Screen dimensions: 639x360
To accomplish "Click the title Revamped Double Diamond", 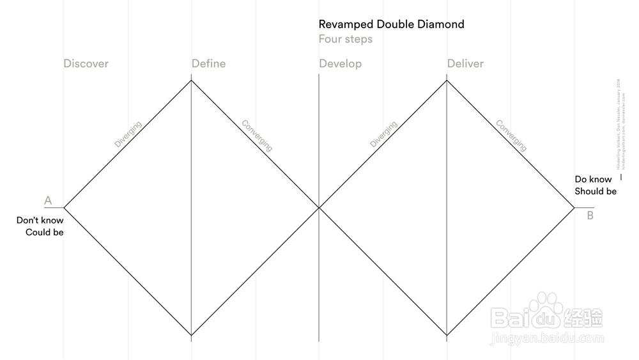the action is (x=391, y=24).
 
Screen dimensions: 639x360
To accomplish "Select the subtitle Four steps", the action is (x=345, y=39).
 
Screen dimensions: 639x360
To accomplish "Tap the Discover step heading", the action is (x=86, y=63).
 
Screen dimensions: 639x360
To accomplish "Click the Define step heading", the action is (x=208, y=63).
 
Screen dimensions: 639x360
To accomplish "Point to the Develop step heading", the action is (x=340, y=63).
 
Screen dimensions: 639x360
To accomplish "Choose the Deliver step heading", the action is (x=465, y=63).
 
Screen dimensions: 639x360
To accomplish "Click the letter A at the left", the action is (x=48, y=201).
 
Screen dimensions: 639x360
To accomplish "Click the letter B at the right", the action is (x=590, y=215).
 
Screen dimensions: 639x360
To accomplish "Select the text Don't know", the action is (x=40, y=221).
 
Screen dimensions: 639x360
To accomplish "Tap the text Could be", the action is (x=45, y=232).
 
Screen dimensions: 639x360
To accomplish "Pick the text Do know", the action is (x=593, y=180).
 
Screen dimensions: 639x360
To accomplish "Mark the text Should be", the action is (x=596, y=191).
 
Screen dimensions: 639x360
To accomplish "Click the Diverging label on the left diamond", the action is (x=128, y=134).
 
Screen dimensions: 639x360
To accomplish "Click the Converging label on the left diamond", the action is (x=256, y=136).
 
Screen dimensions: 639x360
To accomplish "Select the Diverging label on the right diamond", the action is (x=383, y=134).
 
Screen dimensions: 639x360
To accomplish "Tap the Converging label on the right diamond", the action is (x=511, y=136).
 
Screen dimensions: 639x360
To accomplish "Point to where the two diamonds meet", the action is (x=319, y=207).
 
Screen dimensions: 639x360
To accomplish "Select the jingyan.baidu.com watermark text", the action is (x=546, y=338).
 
